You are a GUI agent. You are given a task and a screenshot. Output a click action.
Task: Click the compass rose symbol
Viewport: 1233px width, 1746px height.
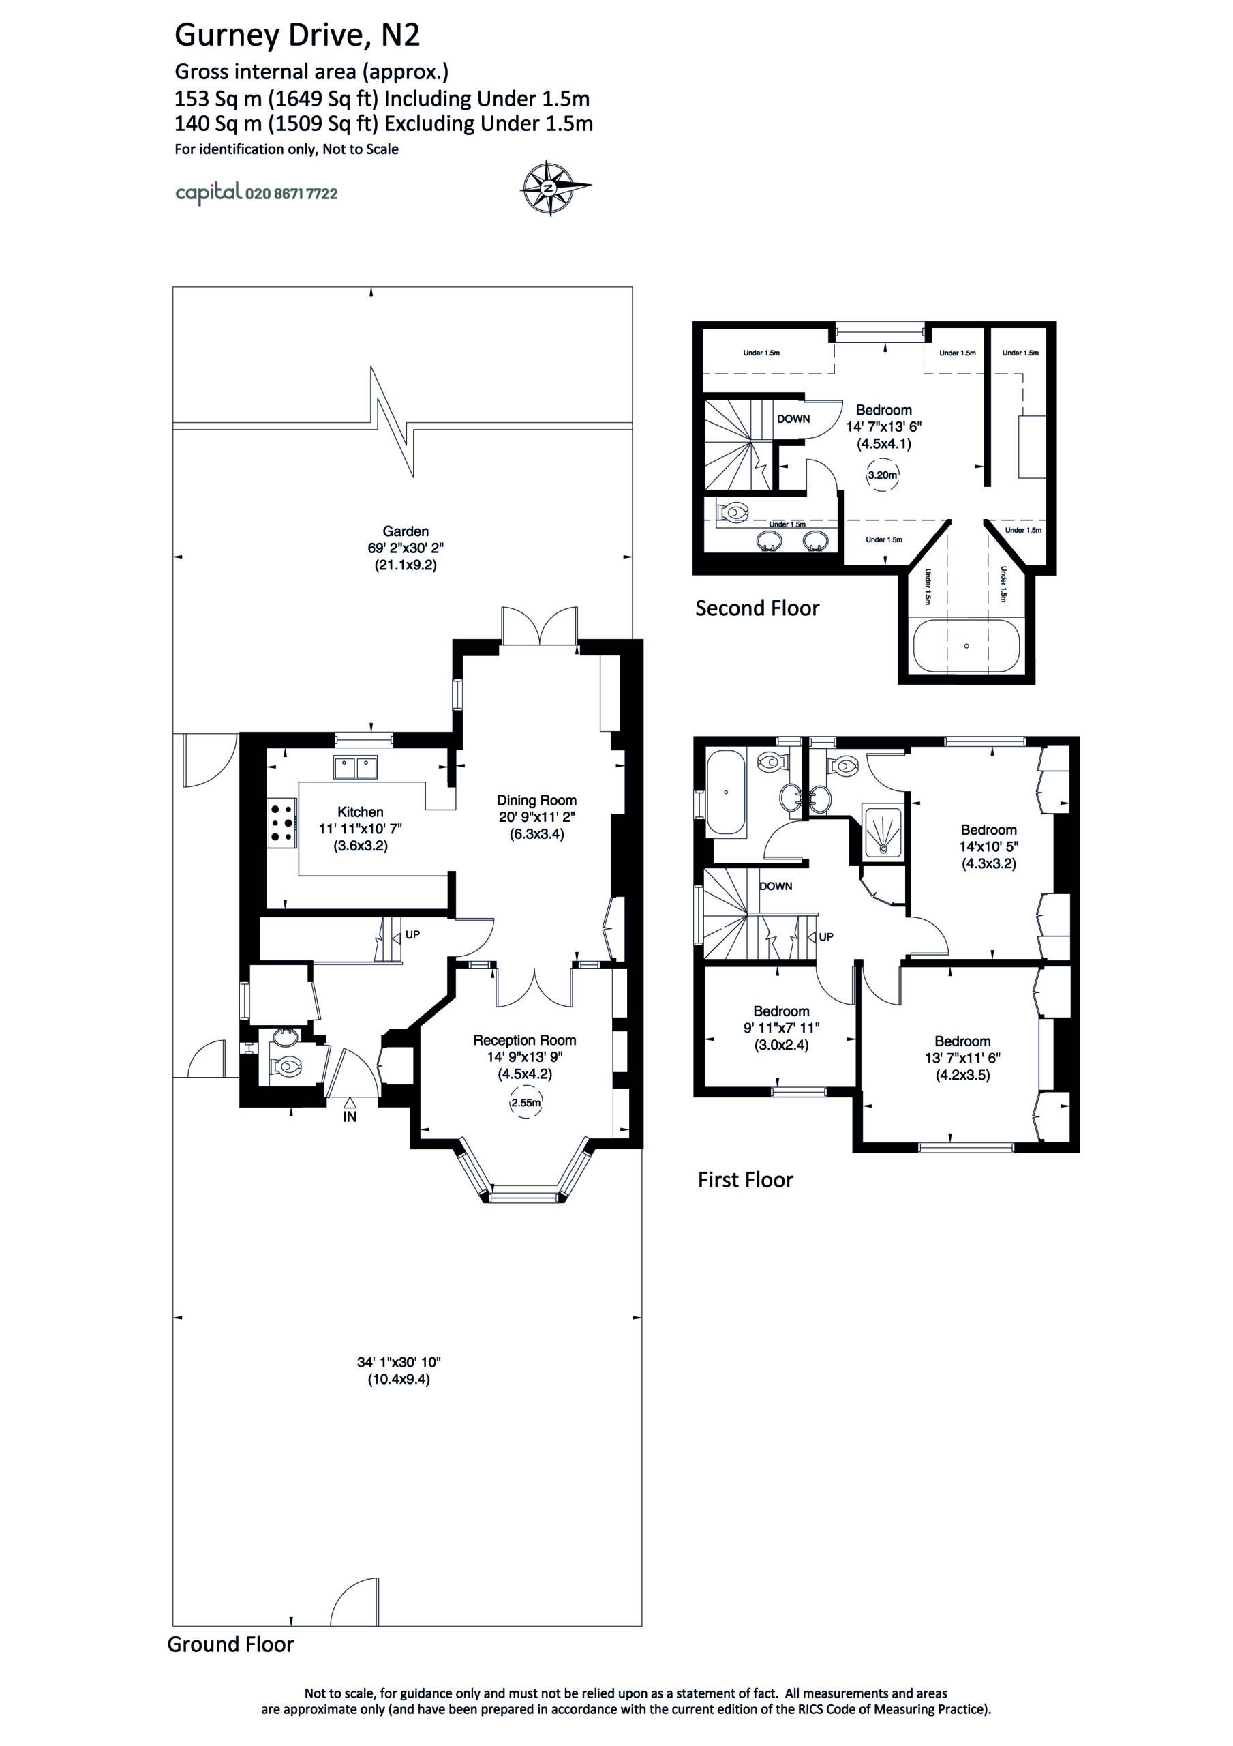pyautogui.click(x=554, y=188)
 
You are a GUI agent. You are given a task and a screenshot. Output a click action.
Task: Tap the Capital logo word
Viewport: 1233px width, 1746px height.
pyautogui.click(x=209, y=192)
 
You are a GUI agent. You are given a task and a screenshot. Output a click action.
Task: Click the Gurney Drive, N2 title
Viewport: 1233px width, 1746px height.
pyautogui.click(x=297, y=35)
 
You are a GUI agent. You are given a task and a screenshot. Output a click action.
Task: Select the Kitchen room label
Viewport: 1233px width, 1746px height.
pyautogui.click(x=361, y=812)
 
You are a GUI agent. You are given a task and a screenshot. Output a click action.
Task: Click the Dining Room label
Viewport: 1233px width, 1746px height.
pyautogui.click(x=536, y=800)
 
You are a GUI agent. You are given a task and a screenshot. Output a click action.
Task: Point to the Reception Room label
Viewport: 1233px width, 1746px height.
pyautogui.click(x=525, y=1040)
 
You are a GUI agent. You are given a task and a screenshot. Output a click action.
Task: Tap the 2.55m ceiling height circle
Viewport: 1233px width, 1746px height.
pyautogui.click(x=526, y=1103)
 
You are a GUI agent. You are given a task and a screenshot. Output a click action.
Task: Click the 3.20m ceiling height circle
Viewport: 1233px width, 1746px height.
pyautogui.click(x=883, y=475)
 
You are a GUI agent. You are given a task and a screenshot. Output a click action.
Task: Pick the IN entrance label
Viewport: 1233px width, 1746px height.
pyautogui.click(x=350, y=1117)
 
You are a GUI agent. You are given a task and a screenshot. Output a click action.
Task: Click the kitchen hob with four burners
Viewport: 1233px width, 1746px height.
pyautogui.click(x=282, y=821)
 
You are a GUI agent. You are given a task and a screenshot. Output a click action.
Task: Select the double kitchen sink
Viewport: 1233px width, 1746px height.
pyautogui.click(x=356, y=767)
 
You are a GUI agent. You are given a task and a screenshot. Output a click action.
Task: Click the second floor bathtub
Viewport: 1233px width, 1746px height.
pyautogui.click(x=966, y=647)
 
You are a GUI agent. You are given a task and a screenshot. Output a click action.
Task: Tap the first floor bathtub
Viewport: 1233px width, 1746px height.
pyautogui.click(x=726, y=793)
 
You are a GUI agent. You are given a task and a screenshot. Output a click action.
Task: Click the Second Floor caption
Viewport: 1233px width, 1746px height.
pyautogui.click(x=757, y=608)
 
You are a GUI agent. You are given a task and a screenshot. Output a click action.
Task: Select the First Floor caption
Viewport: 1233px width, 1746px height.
pyautogui.click(x=745, y=1179)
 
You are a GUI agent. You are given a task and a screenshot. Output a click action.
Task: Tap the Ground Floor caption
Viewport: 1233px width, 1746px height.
pyautogui.click(x=230, y=1644)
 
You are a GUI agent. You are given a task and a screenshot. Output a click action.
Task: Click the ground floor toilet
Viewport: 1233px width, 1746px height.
pyautogui.click(x=286, y=1067)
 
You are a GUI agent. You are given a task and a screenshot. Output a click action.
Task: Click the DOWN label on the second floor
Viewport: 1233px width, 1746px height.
pyautogui.click(x=793, y=419)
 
